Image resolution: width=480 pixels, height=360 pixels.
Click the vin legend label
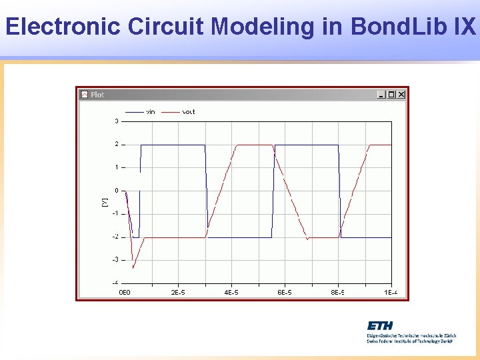coord(151,112)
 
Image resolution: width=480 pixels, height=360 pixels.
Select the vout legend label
coord(189,112)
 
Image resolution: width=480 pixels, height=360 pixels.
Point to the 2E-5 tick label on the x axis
coord(178,292)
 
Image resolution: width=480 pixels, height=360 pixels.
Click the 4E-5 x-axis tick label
coord(231,292)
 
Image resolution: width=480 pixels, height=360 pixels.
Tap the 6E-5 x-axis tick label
coord(285,292)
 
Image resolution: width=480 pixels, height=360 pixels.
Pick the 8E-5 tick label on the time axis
coord(338,292)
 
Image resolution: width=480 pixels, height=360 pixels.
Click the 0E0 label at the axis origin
coord(125,292)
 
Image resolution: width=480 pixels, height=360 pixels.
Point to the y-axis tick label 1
coord(117,167)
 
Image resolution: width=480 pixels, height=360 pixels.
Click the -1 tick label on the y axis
coord(115,213)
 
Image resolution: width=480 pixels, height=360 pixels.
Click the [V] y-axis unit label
coord(104,201)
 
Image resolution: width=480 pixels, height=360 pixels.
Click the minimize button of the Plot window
coord(381,95)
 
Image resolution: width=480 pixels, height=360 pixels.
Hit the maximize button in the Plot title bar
coord(391,95)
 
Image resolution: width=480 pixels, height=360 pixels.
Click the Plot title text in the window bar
coord(97,95)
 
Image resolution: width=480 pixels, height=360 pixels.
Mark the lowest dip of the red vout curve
coord(133,268)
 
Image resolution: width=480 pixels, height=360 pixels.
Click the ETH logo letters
coord(379,325)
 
